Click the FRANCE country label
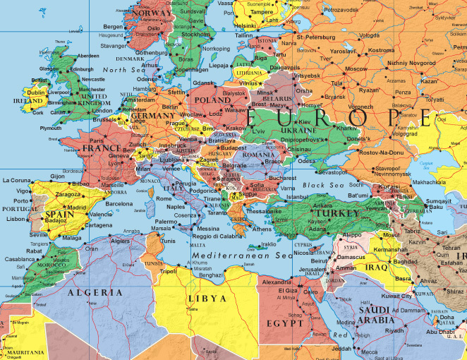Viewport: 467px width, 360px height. pyautogui.click(x=101, y=149)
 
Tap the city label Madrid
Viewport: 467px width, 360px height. pyautogui.click(x=77, y=208)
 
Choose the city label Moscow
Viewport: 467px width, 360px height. pyautogui.click(x=356, y=69)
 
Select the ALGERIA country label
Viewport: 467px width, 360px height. pyautogui.click(x=90, y=292)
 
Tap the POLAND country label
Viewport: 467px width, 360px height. pyautogui.click(x=212, y=100)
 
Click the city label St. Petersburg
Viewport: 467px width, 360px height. pyautogui.click(x=320, y=37)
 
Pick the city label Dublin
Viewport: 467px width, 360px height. pyautogui.click(x=36, y=92)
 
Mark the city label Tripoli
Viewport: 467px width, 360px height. pyautogui.click(x=169, y=270)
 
